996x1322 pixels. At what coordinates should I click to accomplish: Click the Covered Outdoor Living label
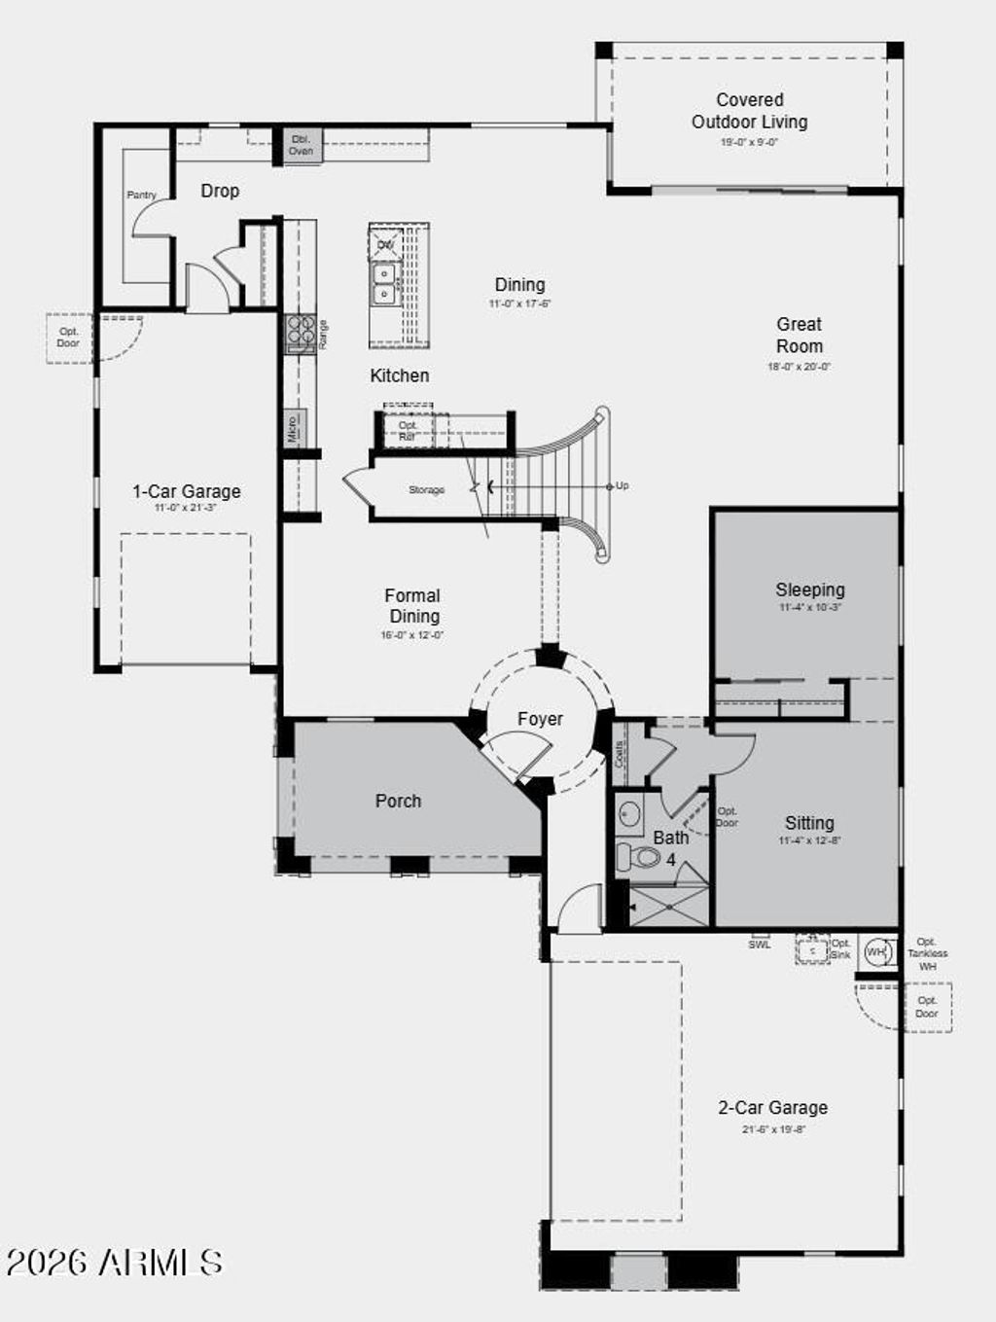coord(749,111)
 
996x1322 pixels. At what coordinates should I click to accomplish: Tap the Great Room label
coord(799,335)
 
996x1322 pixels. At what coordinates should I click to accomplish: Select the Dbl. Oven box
coord(301,145)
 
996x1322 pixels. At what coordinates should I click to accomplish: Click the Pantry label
coord(141,195)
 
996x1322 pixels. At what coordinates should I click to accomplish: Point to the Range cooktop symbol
coord(300,334)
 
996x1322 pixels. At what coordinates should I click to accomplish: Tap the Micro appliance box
coord(294,428)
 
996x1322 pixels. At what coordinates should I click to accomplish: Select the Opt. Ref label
coord(408,430)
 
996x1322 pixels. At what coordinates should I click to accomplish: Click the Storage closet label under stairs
coord(426,490)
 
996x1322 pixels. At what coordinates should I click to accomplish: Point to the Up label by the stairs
coord(622,485)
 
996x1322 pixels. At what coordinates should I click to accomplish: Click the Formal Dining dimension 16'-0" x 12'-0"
coord(412,635)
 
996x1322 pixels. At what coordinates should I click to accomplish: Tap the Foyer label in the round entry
coord(540,719)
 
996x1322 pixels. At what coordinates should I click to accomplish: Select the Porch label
coord(398,801)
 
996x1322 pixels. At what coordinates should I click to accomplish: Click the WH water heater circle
coord(876,952)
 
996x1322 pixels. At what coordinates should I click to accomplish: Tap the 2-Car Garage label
coord(772,1107)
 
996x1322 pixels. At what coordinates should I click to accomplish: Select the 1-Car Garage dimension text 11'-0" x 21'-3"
coord(186,508)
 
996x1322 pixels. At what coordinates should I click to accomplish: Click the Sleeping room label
coord(809,590)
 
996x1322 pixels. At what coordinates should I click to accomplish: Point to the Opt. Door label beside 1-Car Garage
coord(68,338)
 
